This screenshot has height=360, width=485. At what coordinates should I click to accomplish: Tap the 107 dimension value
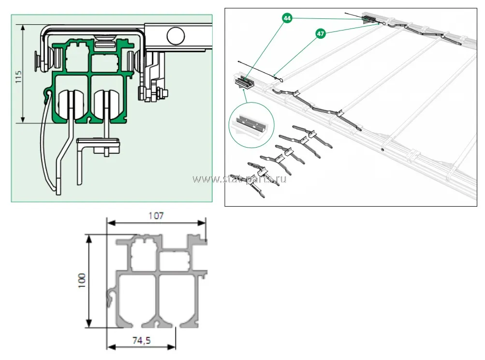point(155,216)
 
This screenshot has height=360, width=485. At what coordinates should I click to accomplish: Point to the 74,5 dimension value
point(141,341)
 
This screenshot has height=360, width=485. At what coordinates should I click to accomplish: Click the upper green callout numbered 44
point(287,18)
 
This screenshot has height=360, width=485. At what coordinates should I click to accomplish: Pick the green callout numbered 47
point(320,34)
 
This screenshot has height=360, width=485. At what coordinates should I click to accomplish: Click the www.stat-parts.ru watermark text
point(240,180)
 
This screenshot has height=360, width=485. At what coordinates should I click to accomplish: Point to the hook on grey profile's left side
point(111,298)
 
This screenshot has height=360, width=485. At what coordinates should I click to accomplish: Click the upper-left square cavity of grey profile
point(142,255)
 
